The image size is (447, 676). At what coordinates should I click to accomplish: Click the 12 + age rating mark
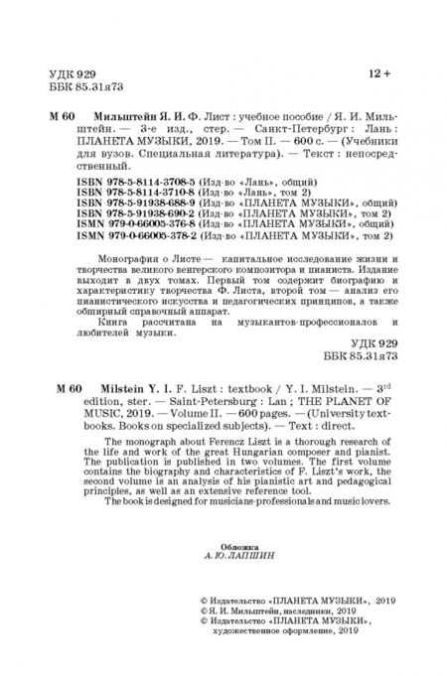pyautogui.click(x=380, y=71)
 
